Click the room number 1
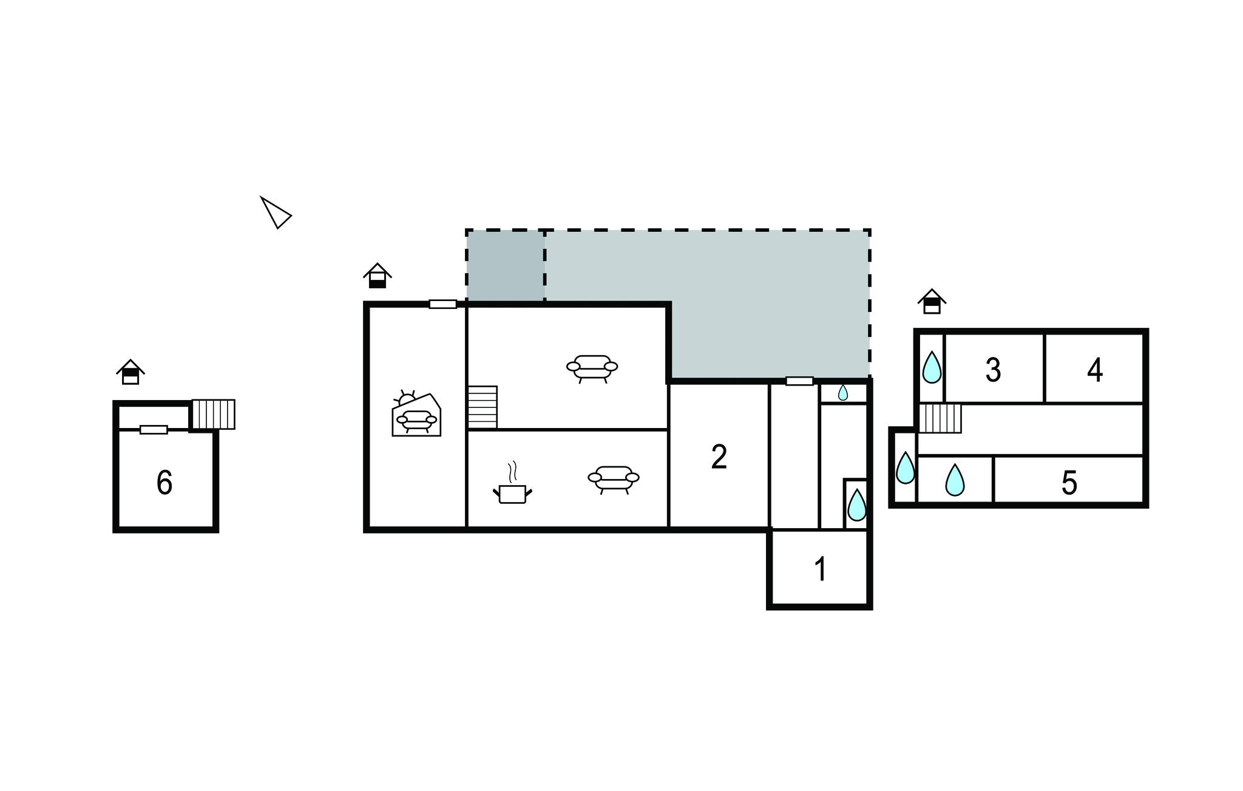821,569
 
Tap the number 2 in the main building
719,457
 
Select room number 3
993,370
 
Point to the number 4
1095,370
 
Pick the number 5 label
1069,483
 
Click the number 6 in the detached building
164,483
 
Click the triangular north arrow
276,212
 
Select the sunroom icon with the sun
416,413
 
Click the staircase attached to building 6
214,414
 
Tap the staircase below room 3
940,418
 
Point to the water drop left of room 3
932,367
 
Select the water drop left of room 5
955,480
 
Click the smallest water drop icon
843,393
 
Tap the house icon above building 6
130,372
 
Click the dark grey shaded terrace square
506,265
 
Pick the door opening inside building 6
154,430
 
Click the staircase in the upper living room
483,407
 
